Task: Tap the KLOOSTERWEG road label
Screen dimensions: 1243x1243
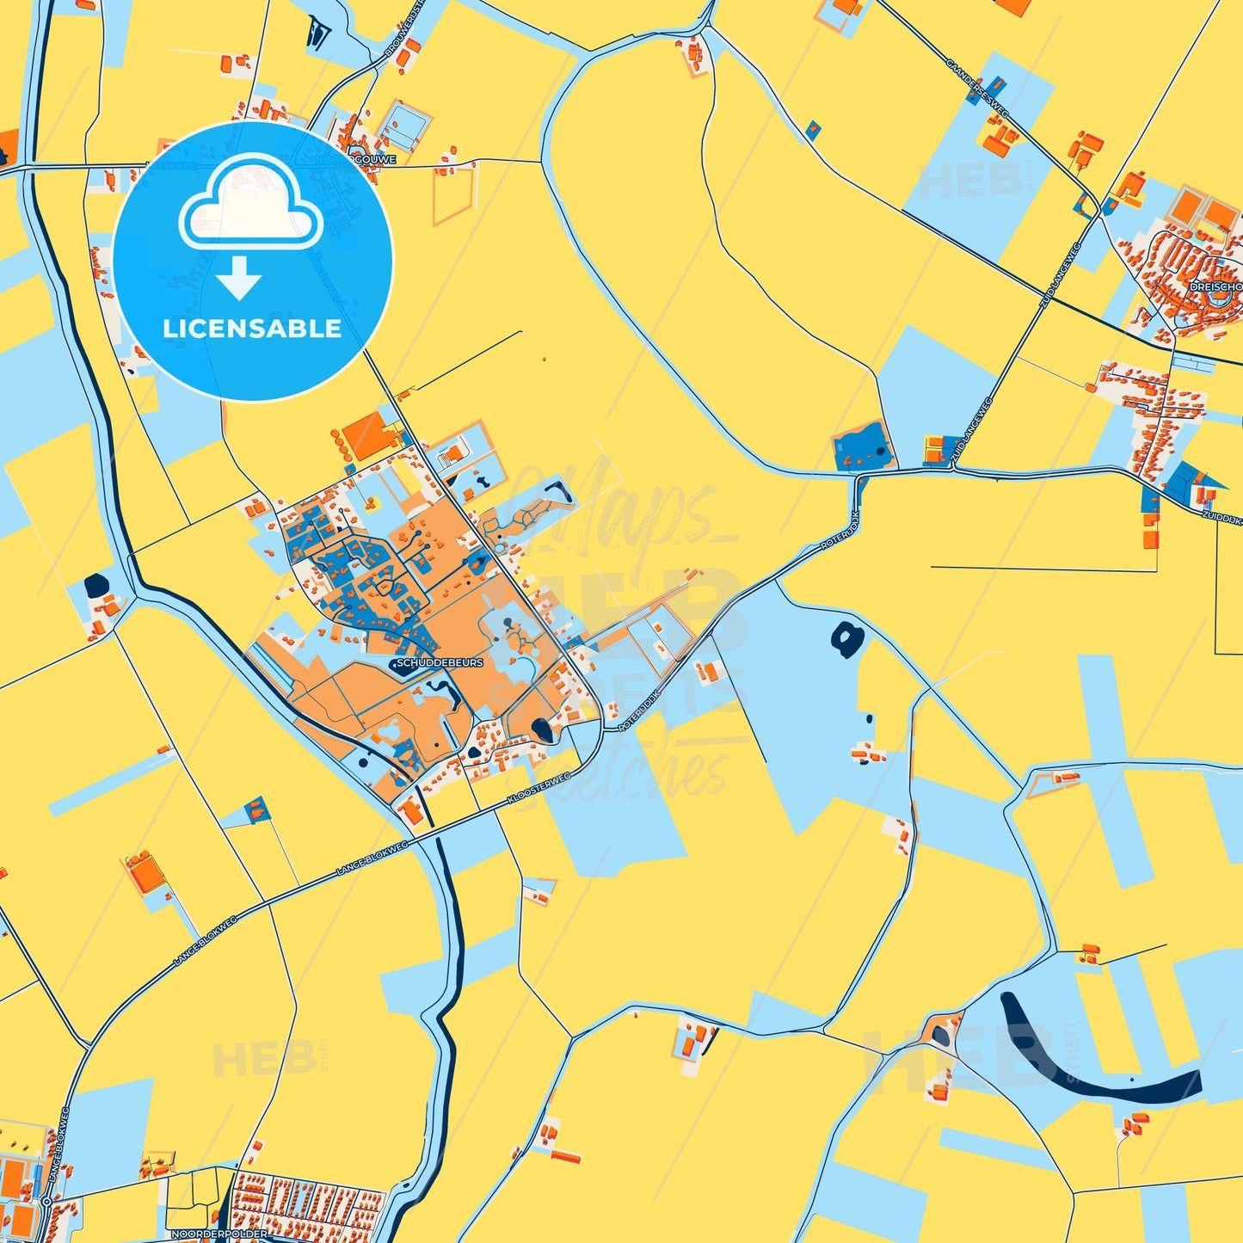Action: [539, 789]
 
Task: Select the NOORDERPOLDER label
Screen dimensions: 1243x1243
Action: [218, 1234]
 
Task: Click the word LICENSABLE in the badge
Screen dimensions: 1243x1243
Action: [252, 328]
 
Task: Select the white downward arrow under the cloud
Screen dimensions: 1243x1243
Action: [239, 278]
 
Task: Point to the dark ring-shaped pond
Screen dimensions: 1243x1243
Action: [847, 639]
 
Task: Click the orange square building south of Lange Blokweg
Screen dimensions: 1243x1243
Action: [147, 873]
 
